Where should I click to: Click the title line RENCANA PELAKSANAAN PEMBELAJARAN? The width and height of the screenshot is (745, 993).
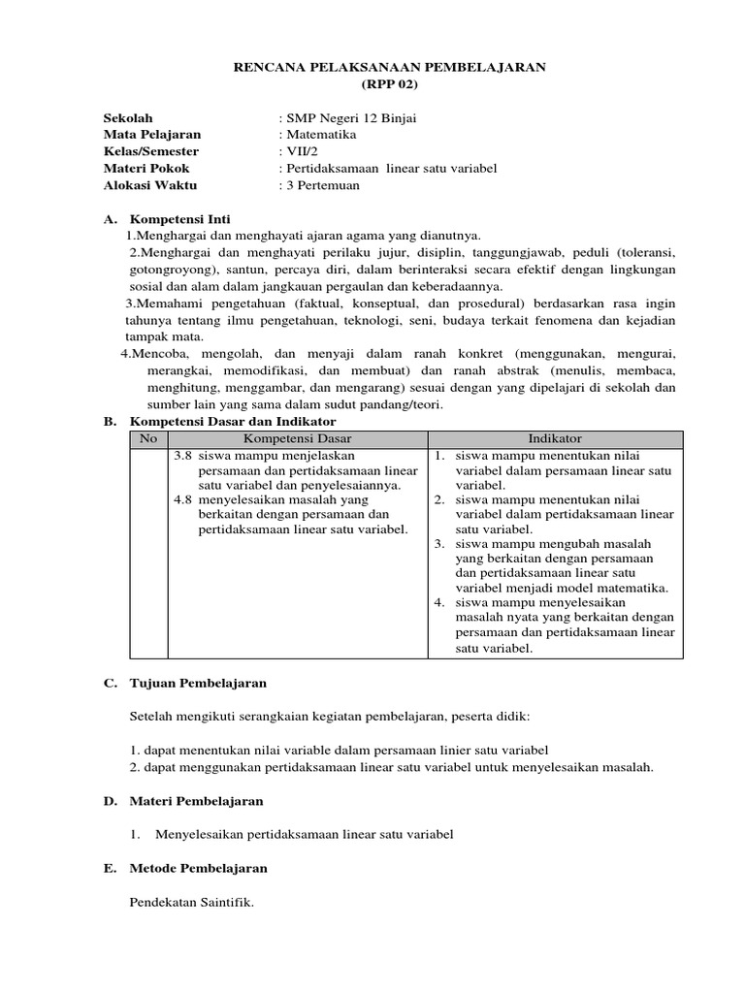[x=392, y=67]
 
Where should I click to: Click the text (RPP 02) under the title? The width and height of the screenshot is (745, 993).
[x=392, y=83]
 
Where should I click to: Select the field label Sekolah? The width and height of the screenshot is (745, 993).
[x=128, y=118]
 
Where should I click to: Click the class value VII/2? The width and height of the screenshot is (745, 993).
[x=295, y=151]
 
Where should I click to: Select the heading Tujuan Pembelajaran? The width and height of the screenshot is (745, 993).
[x=198, y=684]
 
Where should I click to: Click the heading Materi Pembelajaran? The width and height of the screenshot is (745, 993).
[x=196, y=801]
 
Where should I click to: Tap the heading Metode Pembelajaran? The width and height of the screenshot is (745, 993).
[x=198, y=868]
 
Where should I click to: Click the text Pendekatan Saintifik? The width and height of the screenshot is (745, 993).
[x=191, y=902]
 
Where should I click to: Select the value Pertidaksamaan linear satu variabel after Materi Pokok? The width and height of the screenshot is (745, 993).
[x=388, y=169]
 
